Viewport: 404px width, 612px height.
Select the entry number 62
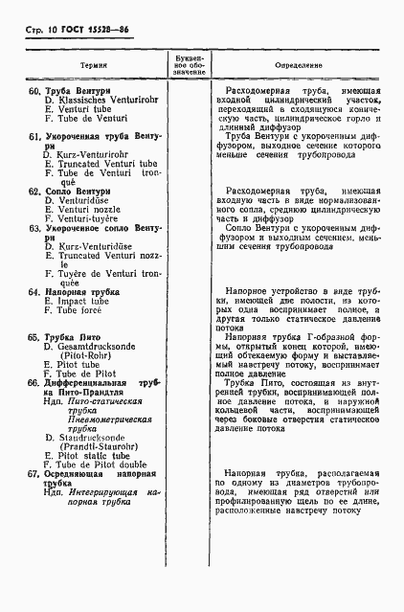(x=33, y=192)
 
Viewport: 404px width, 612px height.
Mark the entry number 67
(x=33, y=474)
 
